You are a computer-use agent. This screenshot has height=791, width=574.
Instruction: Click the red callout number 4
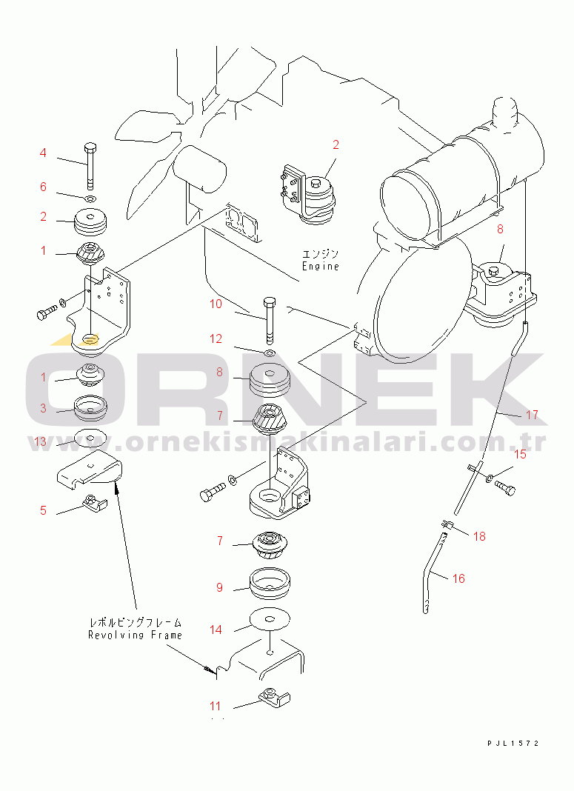[43, 153]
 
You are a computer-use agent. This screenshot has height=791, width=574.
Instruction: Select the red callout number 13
[40, 442]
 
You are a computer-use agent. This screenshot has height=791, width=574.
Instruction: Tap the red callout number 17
[532, 415]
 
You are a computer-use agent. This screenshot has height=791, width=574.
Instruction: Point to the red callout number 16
[458, 578]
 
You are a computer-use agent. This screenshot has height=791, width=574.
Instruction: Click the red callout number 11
[216, 707]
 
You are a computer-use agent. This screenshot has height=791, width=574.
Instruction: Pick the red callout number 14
[216, 630]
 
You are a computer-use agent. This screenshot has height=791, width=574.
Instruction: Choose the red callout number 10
[216, 304]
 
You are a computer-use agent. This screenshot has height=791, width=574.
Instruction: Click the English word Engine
[320, 266]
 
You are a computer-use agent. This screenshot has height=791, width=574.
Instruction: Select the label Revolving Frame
[135, 635]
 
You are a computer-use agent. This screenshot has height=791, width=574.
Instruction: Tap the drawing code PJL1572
[513, 743]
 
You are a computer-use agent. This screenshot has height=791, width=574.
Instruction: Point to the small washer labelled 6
[91, 198]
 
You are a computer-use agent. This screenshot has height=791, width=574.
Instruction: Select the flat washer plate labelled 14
[270, 618]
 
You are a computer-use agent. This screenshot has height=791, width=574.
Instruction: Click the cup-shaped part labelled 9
[270, 584]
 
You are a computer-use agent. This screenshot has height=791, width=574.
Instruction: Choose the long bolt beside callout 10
[270, 318]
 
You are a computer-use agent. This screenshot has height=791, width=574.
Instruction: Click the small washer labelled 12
[270, 352]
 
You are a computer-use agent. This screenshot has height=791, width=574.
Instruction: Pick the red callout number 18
[479, 536]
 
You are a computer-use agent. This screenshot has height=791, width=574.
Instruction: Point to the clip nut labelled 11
[275, 698]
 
